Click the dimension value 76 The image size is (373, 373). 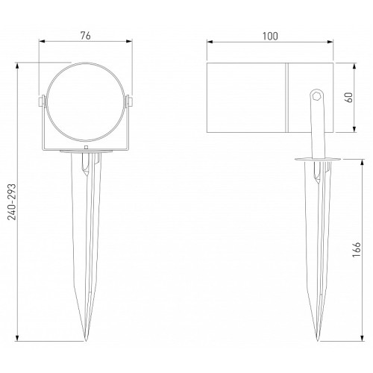(86, 36)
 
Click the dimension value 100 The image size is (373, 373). (270, 37)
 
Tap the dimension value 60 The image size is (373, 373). (349, 97)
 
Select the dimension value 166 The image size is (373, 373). (357, 249)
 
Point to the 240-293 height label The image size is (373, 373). (12, 202)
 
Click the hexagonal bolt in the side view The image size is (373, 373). (317, 95)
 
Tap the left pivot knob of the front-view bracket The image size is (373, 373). (41, 101)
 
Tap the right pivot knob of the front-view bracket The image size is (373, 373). (129, 101)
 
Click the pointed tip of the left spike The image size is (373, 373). (86, 341)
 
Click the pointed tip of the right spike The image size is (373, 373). (317, 341)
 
